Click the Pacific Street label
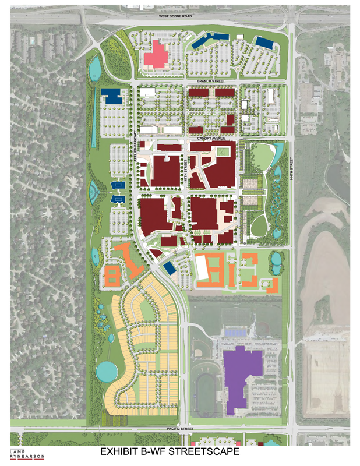(179, 428)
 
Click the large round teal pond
(107, 370)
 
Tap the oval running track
(206, 386)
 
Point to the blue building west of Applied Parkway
(110, 96)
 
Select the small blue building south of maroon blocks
(170, 267)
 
